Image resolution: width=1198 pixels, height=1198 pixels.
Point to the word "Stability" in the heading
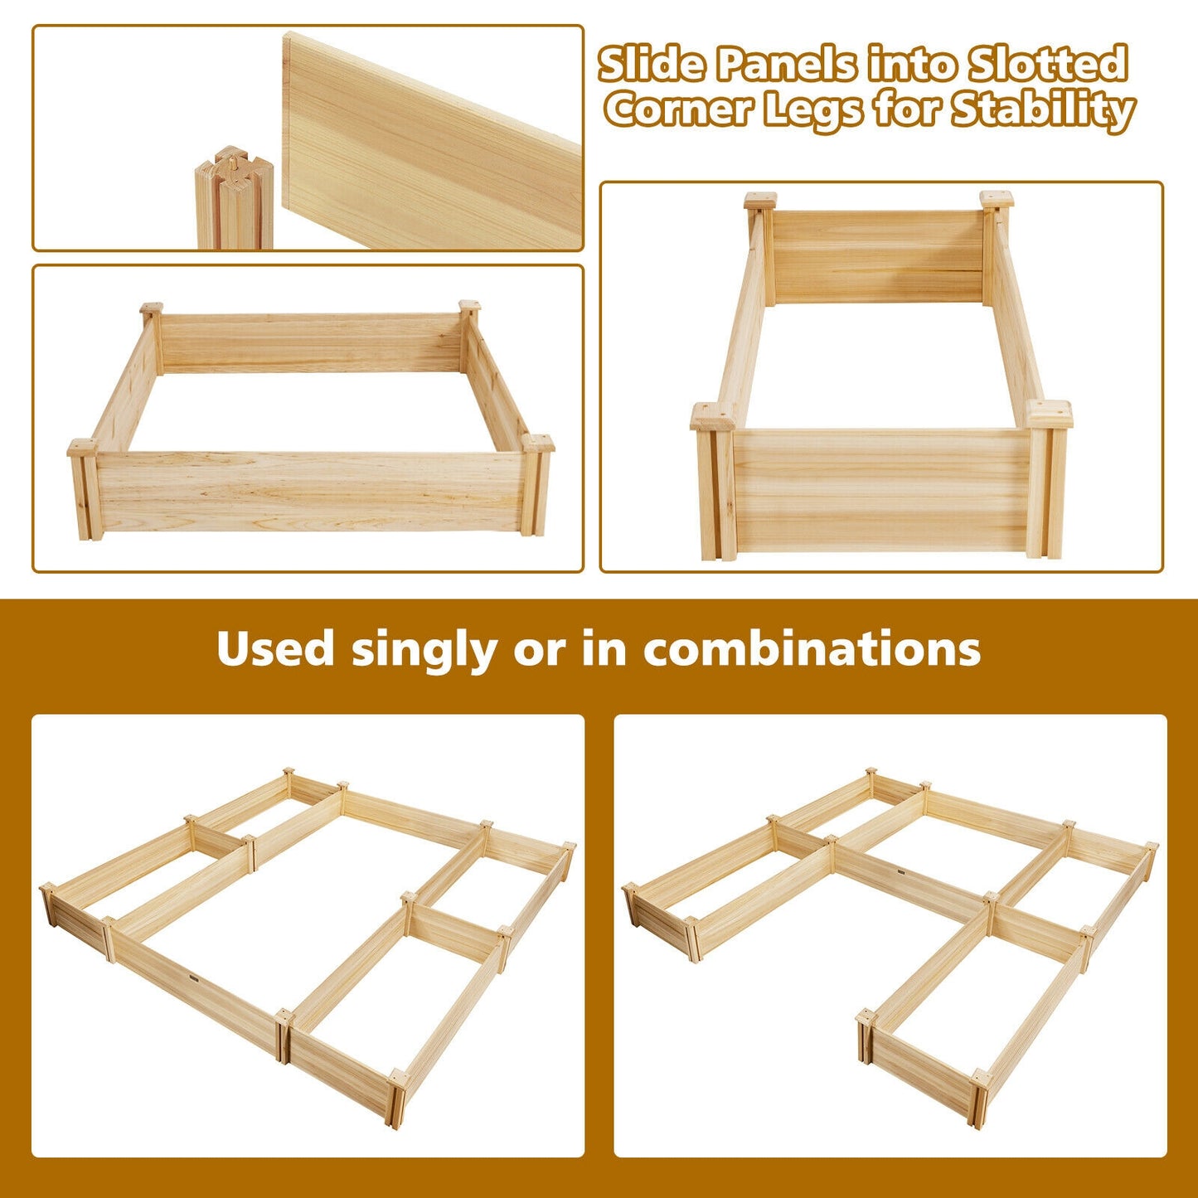click(x=1043, y=109)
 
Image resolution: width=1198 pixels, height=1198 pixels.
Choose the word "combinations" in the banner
click(x=812, y=649)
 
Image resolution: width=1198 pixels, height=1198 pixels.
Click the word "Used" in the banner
click(x=275, y=649)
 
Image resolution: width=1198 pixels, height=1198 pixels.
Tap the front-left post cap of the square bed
click(x=83, y=448)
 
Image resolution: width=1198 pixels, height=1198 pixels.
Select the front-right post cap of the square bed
click(x=537, y=443)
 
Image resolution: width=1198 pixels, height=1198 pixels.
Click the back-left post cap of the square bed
click(x=151, y=309)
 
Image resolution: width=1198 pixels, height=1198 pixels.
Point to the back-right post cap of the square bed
click(x=469, y=306)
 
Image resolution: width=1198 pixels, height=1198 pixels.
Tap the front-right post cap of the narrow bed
click(x=1049, y=414)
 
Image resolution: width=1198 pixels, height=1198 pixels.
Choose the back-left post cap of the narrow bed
click(x=760, y=201)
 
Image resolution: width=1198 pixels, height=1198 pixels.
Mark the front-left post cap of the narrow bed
click(x=713, y=416)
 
